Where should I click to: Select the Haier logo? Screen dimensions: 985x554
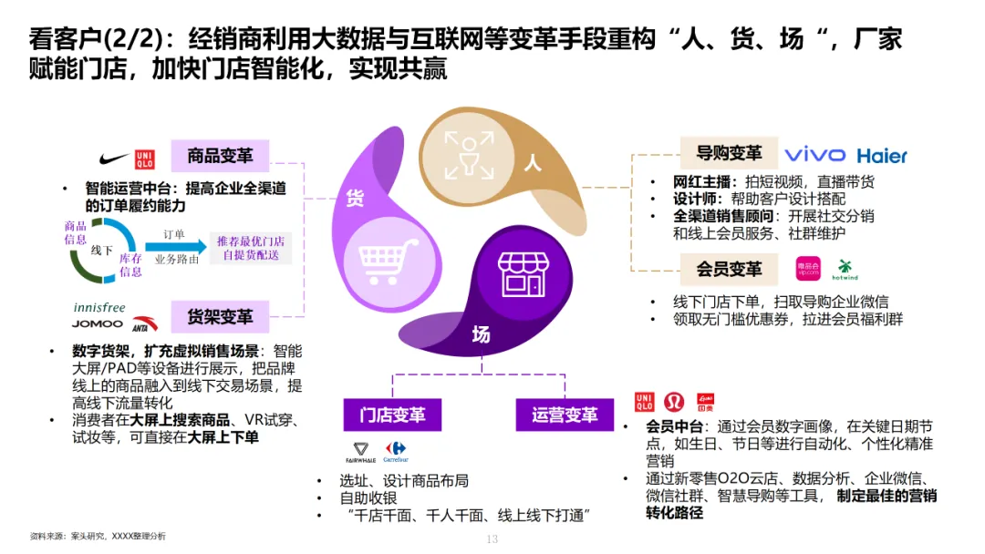pyautogui.click(x=882, y=156)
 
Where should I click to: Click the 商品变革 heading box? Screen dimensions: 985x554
pyautogui.click(x=220, y=156)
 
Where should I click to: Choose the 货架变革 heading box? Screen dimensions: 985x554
pyautogui.click(x=220, y=317)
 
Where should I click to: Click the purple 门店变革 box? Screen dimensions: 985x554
pyautogui.click(x=391, y=415)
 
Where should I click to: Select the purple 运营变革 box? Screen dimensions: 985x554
pyautogui.click(x=565, y=415)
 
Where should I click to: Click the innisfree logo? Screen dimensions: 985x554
pyautogui.click(x=99, y=307)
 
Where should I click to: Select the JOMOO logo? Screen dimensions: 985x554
pyautogui.click(x=98, y=323)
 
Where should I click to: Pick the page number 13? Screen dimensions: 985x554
pyautogui.click(x=492, y=539)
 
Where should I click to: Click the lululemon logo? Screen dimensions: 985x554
pyautogui.click(x=675, y=402)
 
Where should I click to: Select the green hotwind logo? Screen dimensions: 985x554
pyautogui.click(x=845, y=270)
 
